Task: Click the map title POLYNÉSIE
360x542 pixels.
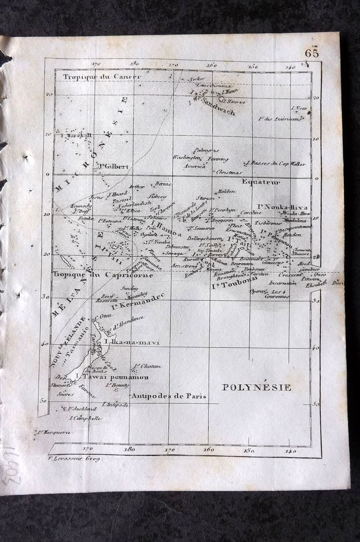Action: [256, 387]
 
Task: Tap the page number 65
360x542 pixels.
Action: [312, 52]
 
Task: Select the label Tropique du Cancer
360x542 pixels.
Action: [102, 76]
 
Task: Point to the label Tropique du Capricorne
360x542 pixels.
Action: [102, 275]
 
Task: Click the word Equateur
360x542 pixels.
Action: [261, 182]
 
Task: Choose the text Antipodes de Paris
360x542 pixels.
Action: [168, 396]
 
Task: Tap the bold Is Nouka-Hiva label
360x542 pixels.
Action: [283, 207]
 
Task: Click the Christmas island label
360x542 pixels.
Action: [229, 172]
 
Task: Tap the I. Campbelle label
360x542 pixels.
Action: [86, 418]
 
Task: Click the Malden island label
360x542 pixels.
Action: [226, 191]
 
